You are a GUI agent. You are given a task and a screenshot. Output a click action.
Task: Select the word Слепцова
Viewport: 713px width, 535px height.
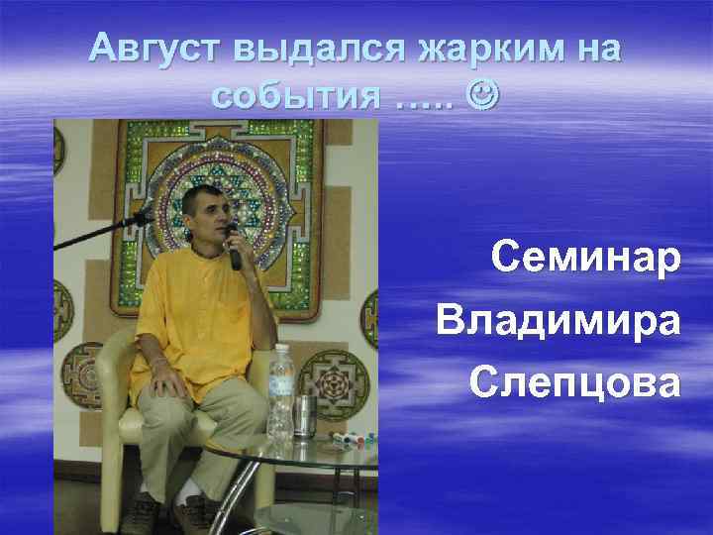tap(575, 381)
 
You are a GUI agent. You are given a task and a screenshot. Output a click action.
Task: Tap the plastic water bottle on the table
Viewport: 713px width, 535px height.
tap(281, 391)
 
